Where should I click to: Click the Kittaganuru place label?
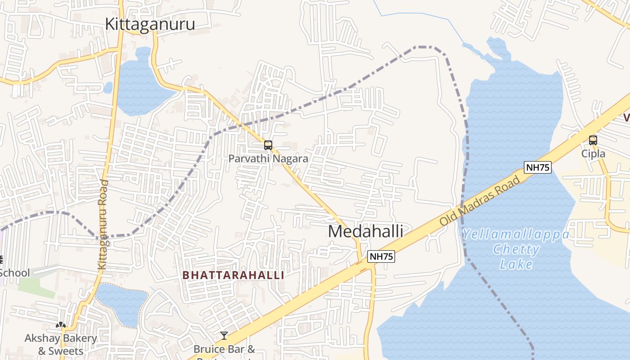(150, 24)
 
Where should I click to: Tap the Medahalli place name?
(365, 231)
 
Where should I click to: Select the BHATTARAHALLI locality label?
(234, 275)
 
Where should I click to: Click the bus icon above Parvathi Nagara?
(268, 145)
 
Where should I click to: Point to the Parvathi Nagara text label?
(268, 159)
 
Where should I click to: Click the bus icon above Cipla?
(593, 140)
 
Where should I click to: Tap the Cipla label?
(593, 154)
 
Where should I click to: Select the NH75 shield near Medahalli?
(381, 257)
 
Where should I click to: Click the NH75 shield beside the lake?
(538, 167)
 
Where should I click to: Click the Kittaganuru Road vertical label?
(103, 225)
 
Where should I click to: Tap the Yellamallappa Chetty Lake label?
(516, 249)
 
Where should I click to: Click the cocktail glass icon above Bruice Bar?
(224, 336)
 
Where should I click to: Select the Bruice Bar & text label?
(224, 349)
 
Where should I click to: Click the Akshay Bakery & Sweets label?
(61, 344)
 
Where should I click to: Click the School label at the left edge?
(14, 273)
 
